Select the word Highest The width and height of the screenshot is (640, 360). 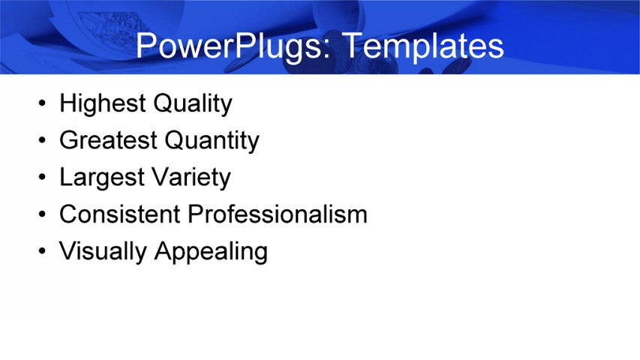click(101, 103)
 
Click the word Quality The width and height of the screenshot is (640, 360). click(192, 103)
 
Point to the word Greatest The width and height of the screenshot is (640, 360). click(107, 140)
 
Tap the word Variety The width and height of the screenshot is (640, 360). click(191, 178)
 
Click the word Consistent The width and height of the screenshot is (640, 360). click(119, 214)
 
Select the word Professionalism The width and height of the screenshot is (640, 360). click(277, 214)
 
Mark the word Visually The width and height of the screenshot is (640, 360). click(104, 251)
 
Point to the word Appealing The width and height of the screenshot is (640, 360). click(211, 252)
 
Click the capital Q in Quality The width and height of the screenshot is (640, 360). click(163, 103)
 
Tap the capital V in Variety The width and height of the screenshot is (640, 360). click(160, 178)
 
